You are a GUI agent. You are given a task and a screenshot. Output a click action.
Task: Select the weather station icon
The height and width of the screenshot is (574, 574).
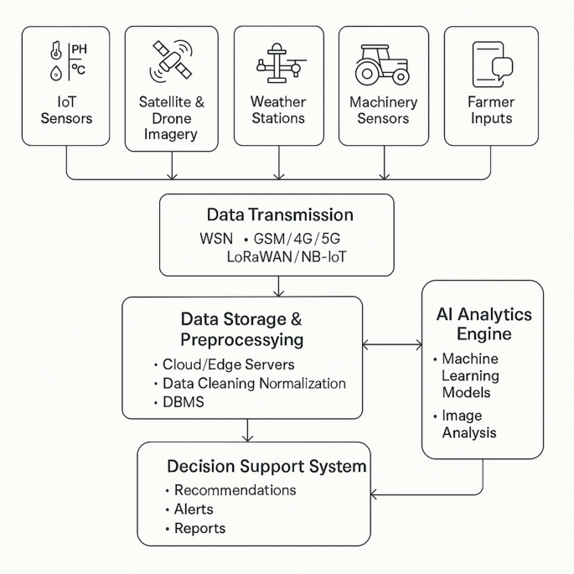[277, 64]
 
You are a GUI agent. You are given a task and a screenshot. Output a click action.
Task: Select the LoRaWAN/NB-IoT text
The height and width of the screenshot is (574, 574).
[287, 256]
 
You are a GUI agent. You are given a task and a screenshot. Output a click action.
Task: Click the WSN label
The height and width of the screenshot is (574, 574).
[216, 238]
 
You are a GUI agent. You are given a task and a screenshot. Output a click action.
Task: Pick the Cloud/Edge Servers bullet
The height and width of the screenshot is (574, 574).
[228, 365]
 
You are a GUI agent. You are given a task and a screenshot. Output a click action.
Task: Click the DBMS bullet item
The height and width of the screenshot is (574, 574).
[183, 402]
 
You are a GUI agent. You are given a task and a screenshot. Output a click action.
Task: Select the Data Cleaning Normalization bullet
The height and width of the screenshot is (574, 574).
[254, 383]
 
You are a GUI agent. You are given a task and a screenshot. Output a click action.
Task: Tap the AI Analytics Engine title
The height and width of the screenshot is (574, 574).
[484, 324]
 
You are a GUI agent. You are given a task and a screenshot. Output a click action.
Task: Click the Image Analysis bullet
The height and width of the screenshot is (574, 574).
[469, 424]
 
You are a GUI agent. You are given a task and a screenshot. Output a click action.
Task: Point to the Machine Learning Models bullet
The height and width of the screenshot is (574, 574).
[470, 375]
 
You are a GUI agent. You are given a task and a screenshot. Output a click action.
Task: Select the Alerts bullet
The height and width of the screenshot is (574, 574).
[193, 509]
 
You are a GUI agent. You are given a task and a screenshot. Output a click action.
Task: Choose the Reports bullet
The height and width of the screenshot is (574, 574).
[199, 529]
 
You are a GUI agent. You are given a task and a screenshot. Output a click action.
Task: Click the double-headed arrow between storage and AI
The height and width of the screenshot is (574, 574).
[392, 344]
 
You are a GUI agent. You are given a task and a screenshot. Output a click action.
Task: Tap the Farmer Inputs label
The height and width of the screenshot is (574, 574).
[491, 110]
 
